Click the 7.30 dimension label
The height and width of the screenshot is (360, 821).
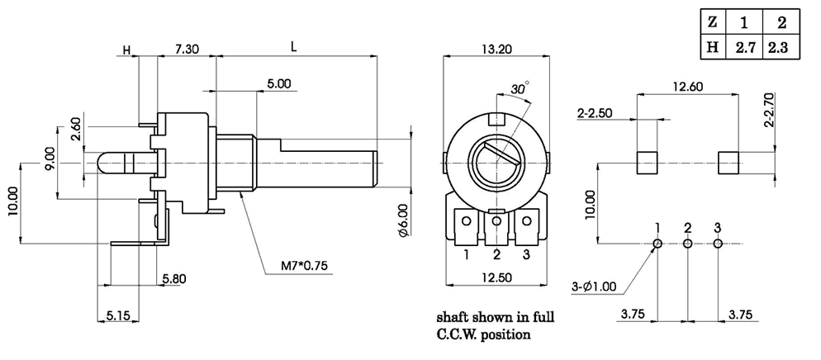[187, 50]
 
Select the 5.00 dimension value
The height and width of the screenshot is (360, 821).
[278, 84]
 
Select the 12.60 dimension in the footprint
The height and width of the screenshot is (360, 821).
[687, 86]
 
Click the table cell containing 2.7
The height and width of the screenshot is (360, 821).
[747, 48]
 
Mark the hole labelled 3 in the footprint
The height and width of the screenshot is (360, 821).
[718, 244]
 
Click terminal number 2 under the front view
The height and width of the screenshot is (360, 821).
[497, 254]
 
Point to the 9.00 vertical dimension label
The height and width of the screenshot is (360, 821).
[50, 156]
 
